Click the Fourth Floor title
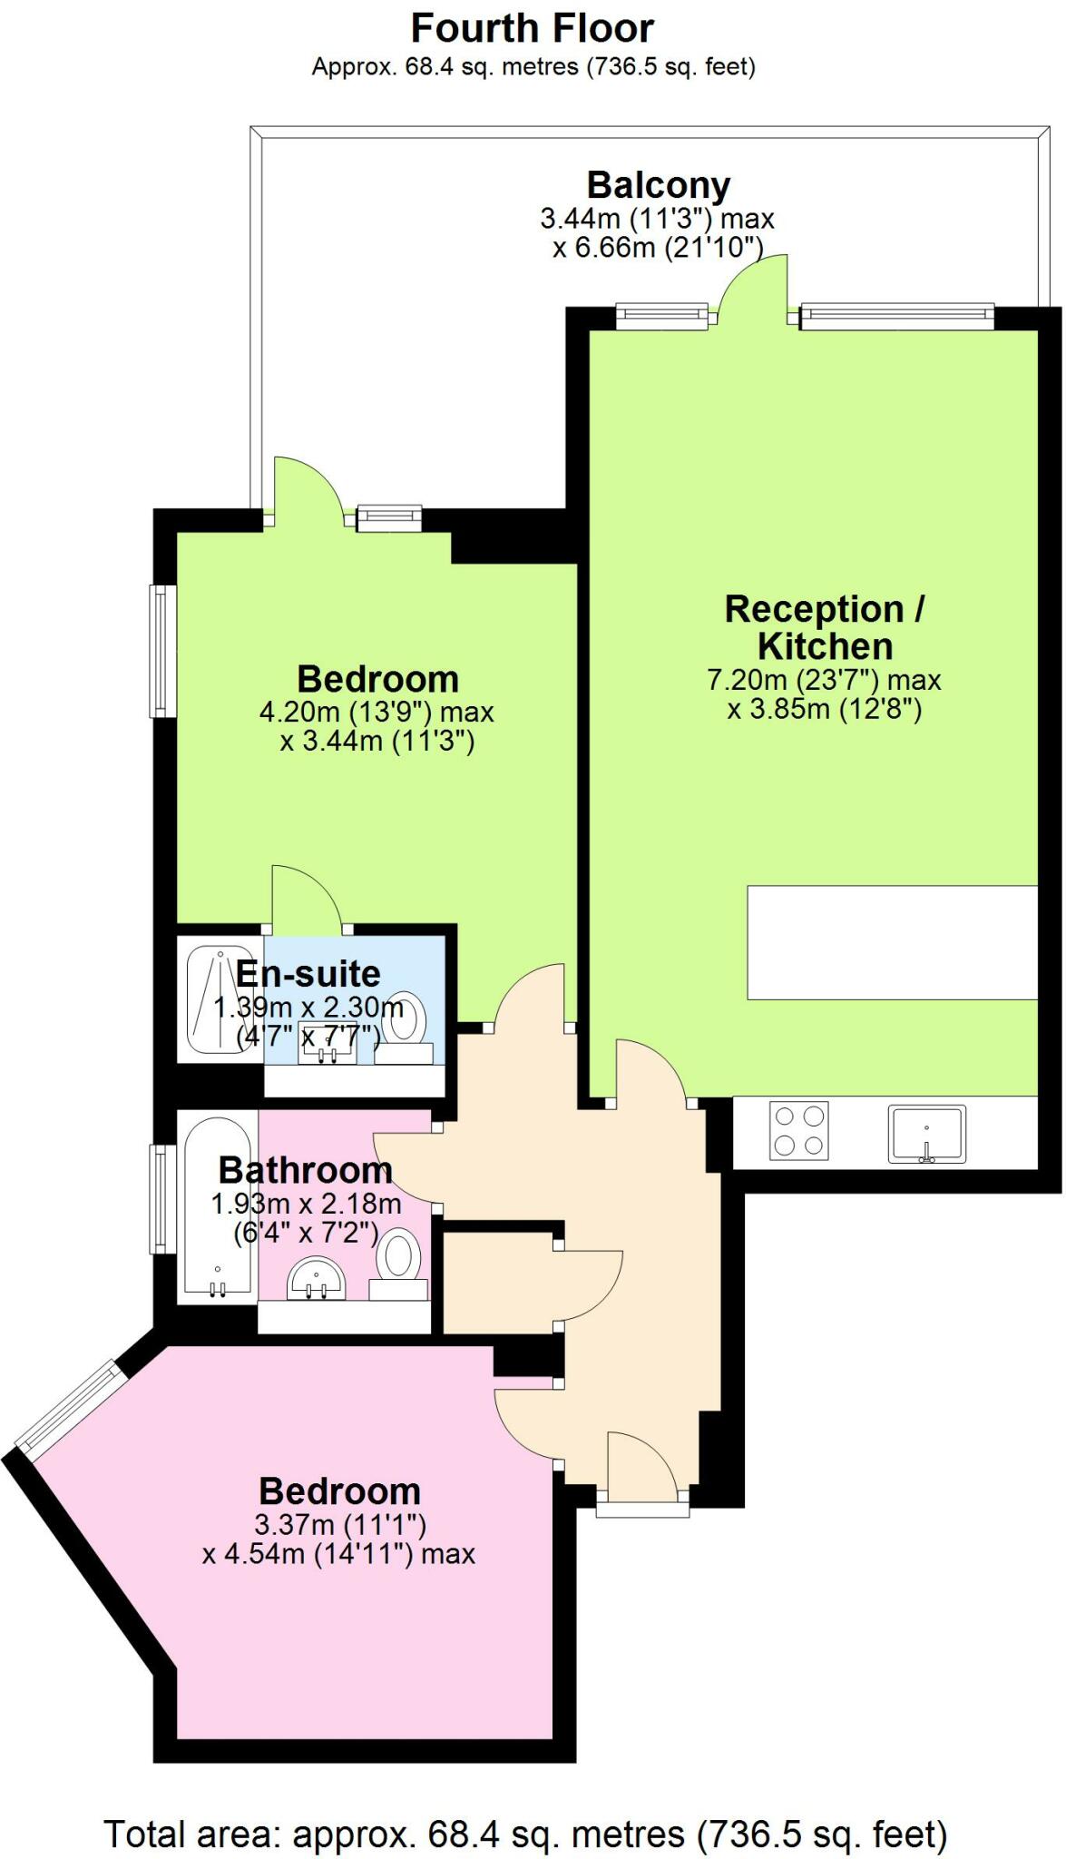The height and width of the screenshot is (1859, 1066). click(x=533, y=28)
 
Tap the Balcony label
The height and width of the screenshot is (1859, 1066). click(x=658, y=185)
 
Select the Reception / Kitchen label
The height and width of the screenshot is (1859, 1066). click(x=825, y=627)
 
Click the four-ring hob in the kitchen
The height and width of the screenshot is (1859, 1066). click(x=799, y=1131)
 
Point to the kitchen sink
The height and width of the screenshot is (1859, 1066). click(x=926, y=1133)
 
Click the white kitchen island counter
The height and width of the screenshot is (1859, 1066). click(x=892, y=942)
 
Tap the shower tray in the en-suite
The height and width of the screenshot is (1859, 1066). click(x=212, y=997)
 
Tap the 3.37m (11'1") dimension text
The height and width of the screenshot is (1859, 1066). click(x=340, y=1524)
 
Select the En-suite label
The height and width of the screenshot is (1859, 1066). click(x=308, y=974)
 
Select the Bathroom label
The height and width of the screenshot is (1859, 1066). click(x=305, y=1170)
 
